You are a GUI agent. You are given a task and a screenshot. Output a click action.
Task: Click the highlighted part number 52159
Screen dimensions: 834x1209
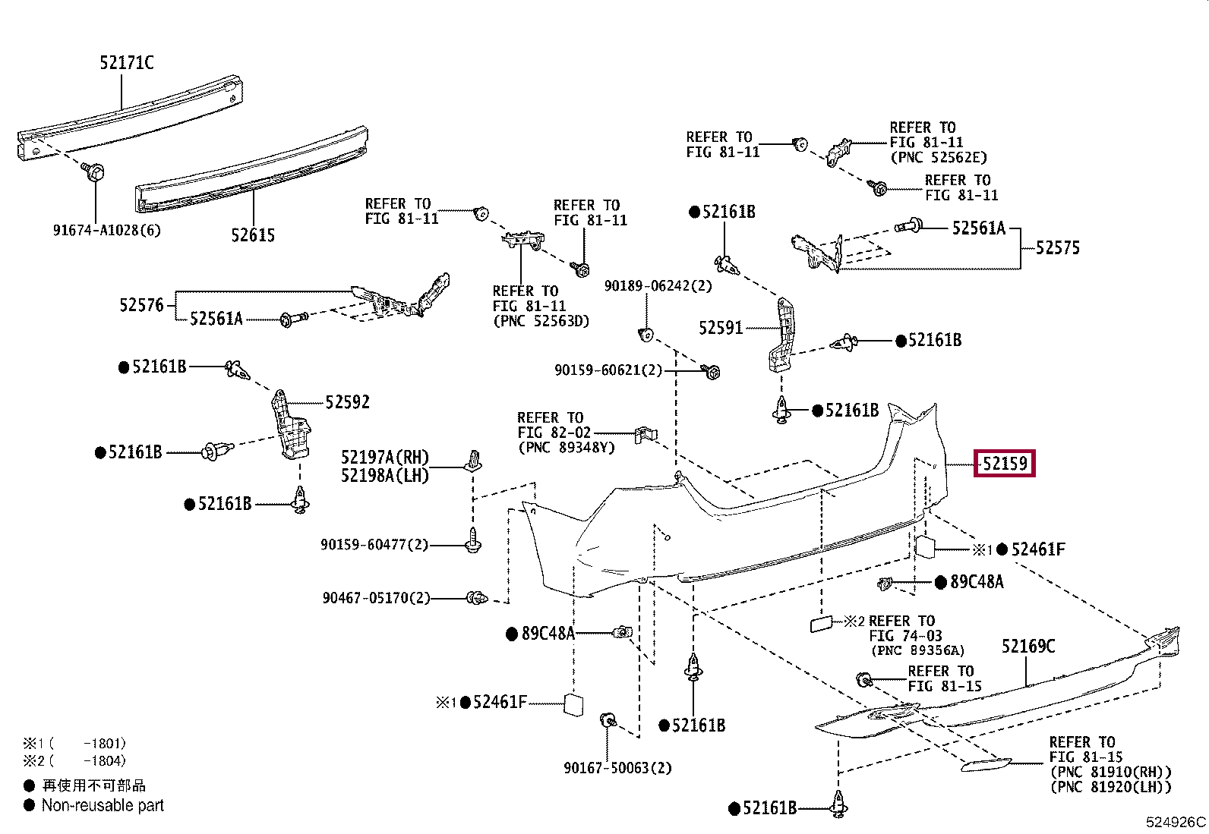pos(1005,463)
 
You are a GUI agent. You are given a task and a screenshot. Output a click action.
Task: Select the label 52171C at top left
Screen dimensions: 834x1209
pos(126,63)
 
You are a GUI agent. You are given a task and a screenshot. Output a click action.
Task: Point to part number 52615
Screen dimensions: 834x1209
pos(253,235)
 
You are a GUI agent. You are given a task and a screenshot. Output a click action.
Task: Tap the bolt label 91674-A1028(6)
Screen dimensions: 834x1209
pos(107,229)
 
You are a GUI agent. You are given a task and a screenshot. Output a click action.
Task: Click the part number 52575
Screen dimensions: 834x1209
pos(1057,247)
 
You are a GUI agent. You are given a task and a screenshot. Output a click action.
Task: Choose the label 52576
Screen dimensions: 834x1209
pos(141,305)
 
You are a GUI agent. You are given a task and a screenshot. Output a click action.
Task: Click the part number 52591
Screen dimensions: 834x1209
pos(720,328)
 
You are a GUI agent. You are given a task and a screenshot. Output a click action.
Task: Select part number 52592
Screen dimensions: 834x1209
pos(347,401)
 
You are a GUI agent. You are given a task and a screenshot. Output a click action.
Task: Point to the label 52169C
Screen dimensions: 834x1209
pos(1027,646)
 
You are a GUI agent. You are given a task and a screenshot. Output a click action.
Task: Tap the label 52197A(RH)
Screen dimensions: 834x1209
pos(384,458)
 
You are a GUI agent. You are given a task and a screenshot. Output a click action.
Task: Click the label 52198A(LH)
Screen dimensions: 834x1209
pos(384,476)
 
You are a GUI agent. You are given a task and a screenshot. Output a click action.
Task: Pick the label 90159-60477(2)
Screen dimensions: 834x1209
pos(374,544)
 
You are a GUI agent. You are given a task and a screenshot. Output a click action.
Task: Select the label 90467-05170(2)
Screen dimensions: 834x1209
pos(376,598)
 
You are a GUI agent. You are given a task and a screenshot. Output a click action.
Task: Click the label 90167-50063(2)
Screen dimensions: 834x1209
pos(617,768)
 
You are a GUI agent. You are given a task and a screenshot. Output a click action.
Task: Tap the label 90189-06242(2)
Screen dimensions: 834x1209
pos(658,286)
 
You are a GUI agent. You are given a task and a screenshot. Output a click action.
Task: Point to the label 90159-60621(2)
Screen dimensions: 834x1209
pos(608,370)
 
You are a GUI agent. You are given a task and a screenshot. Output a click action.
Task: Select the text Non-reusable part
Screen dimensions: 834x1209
pos(103,805)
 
